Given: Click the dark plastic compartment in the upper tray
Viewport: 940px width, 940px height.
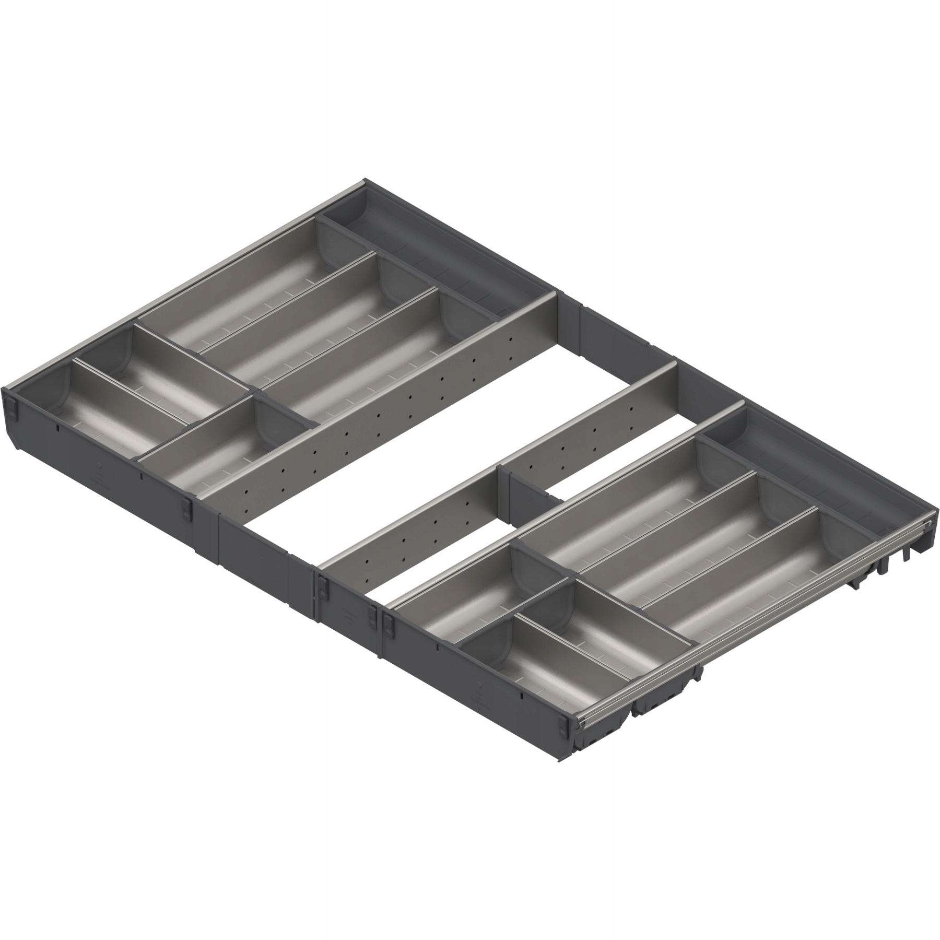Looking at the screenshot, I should [x=433, y=256].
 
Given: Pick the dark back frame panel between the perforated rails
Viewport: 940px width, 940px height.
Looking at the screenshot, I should [x=616, y=334].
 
